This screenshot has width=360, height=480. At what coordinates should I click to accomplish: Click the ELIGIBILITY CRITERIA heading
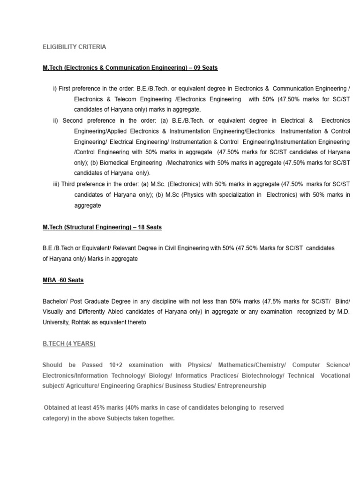click(x=74, y=47)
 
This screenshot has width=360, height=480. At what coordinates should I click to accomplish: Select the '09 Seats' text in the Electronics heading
click(x=204, y=68)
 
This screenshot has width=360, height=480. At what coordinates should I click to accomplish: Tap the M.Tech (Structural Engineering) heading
click(x=102, y=227)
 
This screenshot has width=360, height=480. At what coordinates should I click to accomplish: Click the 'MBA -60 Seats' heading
click(x=63, y=280)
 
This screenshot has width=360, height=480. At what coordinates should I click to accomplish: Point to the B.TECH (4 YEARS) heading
click(x=69, y=344)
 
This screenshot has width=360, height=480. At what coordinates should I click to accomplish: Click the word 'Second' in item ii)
click(x=72, y=120)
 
